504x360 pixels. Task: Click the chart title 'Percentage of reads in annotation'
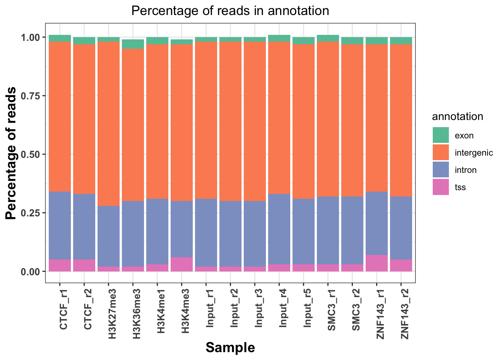230,10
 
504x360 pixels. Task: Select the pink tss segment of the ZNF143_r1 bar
376,263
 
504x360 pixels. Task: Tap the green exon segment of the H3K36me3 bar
133,44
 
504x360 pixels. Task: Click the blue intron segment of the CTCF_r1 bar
60,225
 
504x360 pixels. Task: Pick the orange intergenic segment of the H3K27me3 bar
108,124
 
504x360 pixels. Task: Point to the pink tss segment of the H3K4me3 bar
181,264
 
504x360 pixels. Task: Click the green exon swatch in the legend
441,135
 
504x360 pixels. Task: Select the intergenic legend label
474,153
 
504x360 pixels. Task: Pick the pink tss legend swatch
441,187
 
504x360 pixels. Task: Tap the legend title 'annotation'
457,117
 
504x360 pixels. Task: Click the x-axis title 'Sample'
230,348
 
